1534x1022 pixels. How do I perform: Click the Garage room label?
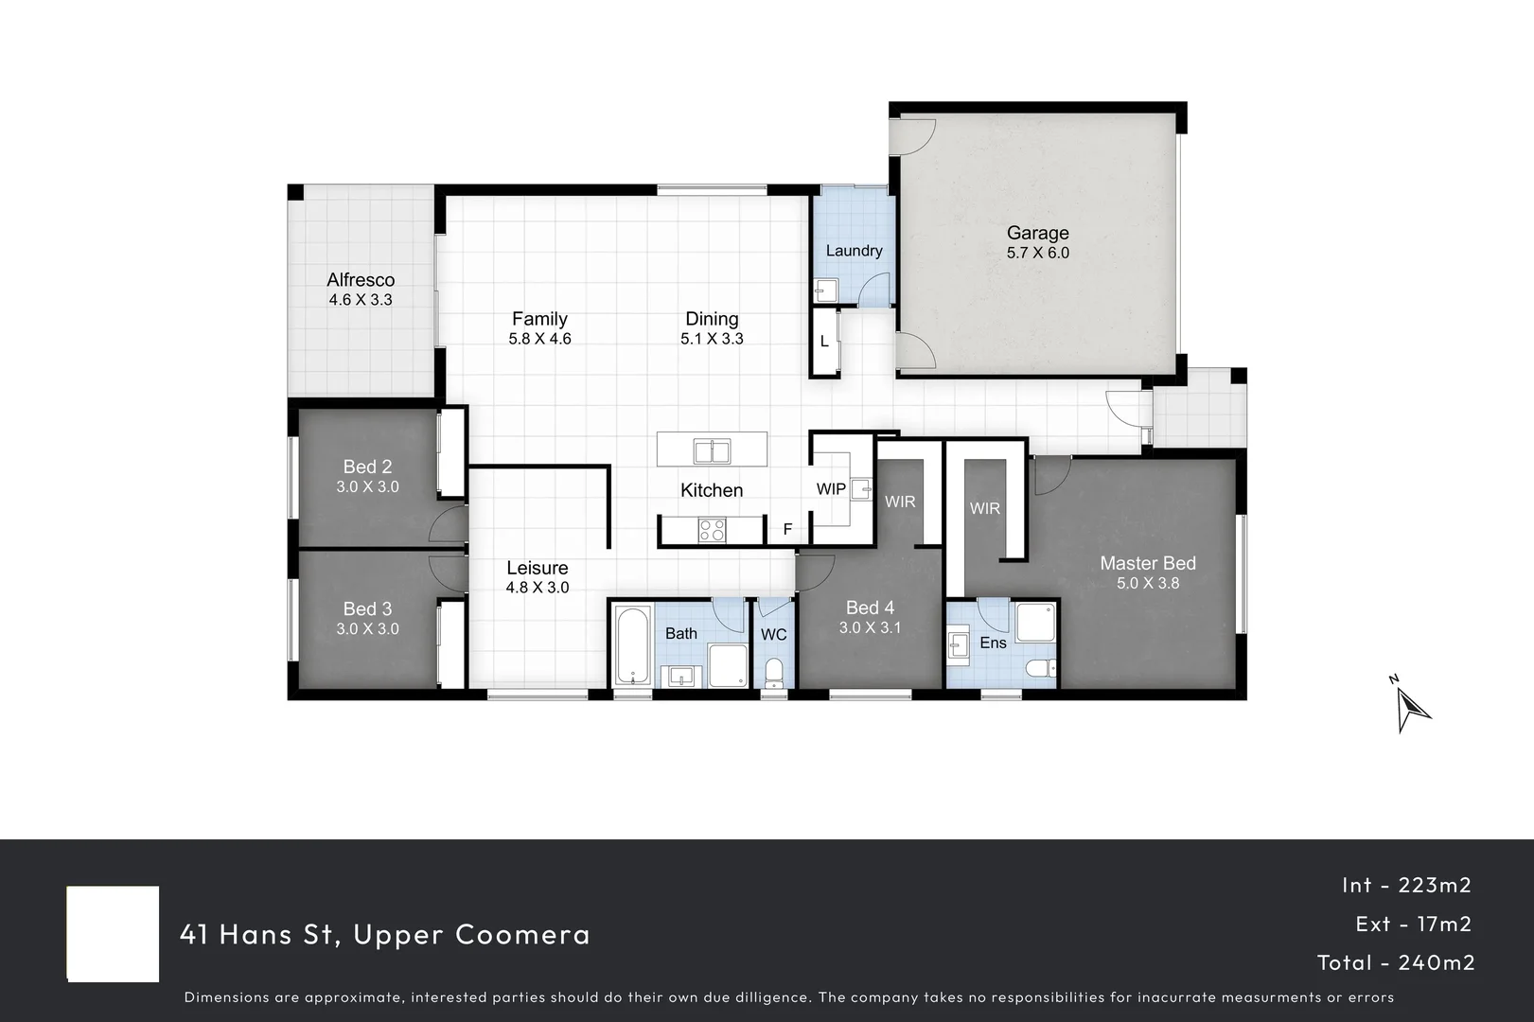1037,233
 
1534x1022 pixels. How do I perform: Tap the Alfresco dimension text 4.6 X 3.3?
361,300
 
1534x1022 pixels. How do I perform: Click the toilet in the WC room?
774,674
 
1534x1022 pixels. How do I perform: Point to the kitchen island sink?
712,451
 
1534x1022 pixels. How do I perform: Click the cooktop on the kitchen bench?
712,531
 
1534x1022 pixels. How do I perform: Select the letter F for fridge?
787,530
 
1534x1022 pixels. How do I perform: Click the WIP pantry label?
831,489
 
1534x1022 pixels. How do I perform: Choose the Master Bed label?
1147,563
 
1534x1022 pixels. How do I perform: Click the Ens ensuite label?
993,643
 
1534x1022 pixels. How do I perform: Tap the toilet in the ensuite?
1042,668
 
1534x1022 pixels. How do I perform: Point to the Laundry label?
854,251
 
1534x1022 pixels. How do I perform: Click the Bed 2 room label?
367,467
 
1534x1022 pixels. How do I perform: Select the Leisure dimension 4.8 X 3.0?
538,588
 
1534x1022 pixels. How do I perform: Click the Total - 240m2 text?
1396,963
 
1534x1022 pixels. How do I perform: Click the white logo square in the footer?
113,934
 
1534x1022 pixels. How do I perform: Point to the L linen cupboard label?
824,342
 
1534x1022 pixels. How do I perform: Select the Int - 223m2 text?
1406,885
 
